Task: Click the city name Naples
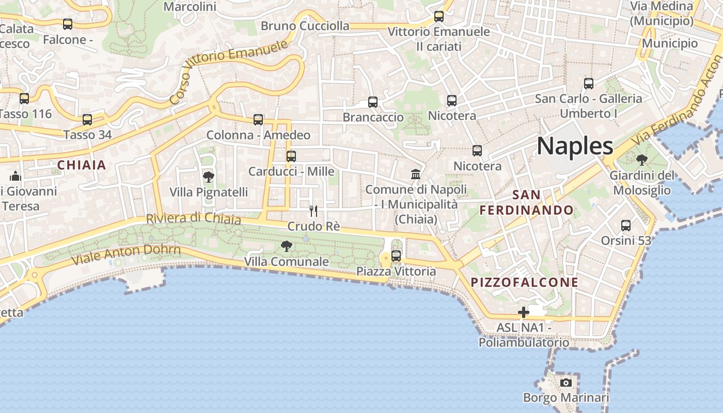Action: [575, 146]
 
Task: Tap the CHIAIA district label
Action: [82, 165]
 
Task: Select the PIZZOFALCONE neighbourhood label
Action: [525, 282]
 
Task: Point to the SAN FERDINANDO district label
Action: [526, 202]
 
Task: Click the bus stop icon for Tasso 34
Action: [87, 120]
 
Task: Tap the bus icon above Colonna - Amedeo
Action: [258, 120]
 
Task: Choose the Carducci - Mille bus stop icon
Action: [291, 156]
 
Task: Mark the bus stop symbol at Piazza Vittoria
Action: [396, 256]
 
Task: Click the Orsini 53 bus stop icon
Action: [626, 225]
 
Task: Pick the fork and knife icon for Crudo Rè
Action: [313, 211]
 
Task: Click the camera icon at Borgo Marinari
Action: [566, 383]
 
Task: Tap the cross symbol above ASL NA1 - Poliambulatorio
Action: [524, 312]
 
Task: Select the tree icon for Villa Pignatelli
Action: [209, 177]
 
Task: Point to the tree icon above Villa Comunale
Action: [286, 246]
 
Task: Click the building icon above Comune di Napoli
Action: [416, 174]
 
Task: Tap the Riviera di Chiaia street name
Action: [193, 219]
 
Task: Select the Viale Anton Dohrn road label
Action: [126, 254]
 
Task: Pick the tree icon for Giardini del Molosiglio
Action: [641, 160]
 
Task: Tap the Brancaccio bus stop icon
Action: [373, 102]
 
